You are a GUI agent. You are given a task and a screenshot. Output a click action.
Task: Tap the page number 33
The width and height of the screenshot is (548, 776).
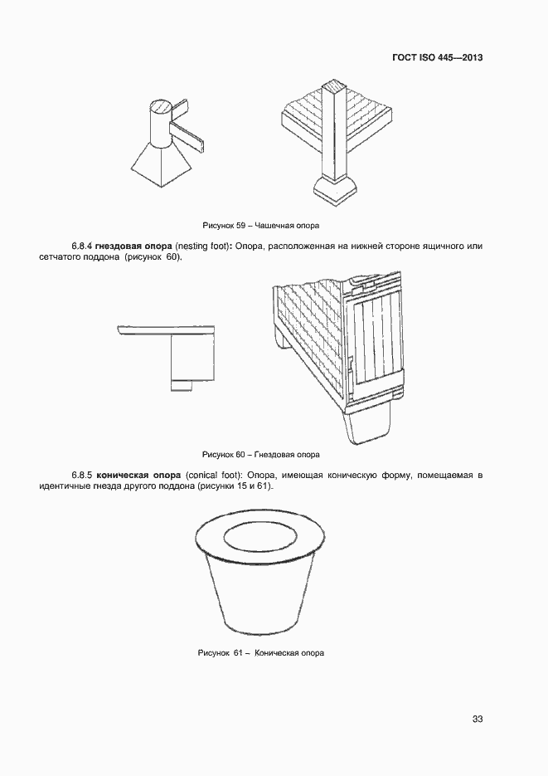coord(477,719)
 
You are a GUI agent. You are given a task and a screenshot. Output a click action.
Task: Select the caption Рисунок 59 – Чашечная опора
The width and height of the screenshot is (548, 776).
coord(261,226)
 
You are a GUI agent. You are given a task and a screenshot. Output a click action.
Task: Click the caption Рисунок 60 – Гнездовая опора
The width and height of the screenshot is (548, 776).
coord(261,455)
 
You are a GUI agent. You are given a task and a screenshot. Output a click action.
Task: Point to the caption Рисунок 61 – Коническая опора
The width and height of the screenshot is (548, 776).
coord(261,652)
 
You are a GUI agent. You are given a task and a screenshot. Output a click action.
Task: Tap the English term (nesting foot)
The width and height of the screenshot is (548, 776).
coord(203,246)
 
